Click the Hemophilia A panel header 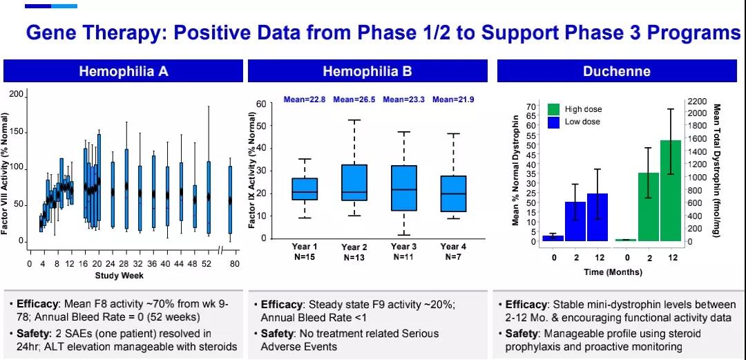pos(123,71)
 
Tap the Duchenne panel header pos(616,71)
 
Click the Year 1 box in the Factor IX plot pos(305,189)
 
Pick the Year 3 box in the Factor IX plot pos(403,188)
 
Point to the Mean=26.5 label pos(354,100)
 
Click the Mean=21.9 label pos(453,100)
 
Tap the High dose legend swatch pos(553,109)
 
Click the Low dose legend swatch pos(553,122)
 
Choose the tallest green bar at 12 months pos(671,191)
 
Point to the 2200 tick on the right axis pos(697,101)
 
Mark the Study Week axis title pos(119,276)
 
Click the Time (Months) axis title pos(612,272)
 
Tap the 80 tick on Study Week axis pos(234,264)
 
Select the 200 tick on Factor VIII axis pos(15,94)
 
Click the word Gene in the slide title pos(55,32)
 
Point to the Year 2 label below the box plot pos(354,247)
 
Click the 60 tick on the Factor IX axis pos(260,104)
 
